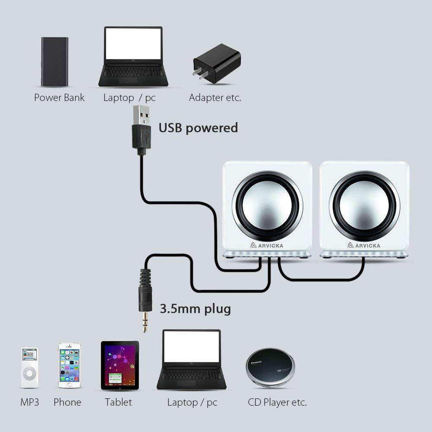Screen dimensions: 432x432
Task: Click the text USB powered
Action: (x=198, y=128)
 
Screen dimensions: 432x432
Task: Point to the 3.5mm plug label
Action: (x=195, y=309)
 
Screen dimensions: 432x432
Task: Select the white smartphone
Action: (x=70, y=365)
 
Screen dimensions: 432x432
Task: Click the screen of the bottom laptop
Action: (x=192, y=347)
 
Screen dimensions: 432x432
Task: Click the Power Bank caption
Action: (x=59, y=98)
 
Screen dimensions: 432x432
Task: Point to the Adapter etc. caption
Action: (x=215, y=98)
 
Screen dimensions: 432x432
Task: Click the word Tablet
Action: (x=118, y=402)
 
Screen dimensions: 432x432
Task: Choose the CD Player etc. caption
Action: (x=277, y=402)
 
